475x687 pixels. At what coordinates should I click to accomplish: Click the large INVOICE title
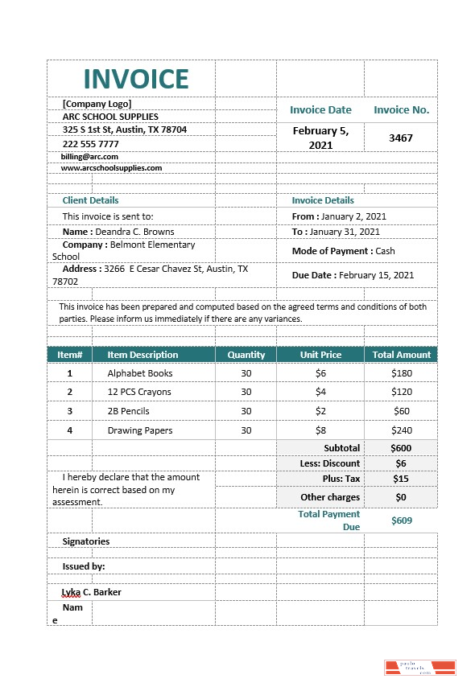pos(136,79)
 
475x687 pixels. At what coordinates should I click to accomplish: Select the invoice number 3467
pos(400,138)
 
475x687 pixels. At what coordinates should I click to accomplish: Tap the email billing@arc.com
pos(90,157)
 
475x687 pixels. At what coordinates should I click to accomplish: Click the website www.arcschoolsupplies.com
pos(112,168)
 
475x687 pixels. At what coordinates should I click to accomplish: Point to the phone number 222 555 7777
pos(91,144)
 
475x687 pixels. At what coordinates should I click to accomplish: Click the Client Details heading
pos(90,200)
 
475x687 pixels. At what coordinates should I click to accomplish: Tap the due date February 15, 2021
pos(376,275)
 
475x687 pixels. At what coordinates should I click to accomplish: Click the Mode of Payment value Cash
pos(385,251)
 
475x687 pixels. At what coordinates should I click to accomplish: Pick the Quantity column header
pos(246,355)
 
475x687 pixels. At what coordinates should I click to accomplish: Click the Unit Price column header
pos(320,355)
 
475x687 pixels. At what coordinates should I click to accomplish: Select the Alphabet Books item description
pos(140,373)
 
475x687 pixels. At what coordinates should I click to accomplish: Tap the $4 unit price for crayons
pos(320,392)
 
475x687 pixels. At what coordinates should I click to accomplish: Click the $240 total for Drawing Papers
pos(401,430)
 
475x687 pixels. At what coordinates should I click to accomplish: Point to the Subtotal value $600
pos(401,448)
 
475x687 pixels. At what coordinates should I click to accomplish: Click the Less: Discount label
pos(330,463)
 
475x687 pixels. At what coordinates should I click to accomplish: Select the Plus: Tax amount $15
pos(401,479)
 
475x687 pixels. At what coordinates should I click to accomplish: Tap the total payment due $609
pos(401,520)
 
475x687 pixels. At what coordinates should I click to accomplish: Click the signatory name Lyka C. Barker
pos(92,592)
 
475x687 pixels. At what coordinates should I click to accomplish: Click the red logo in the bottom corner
pos(419,667)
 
